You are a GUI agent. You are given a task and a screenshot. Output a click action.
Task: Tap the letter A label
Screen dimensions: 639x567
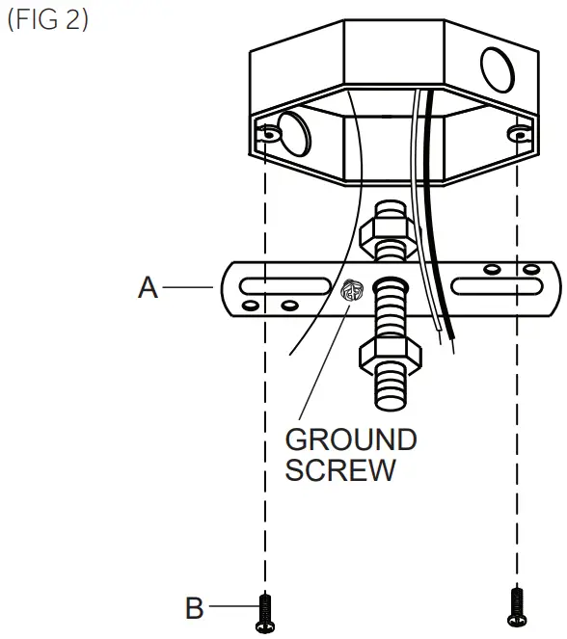(148, 287)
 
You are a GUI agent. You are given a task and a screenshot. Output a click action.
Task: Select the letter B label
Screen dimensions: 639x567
(195, 609)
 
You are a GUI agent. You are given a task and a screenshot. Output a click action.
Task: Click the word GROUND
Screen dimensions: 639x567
(351, 440)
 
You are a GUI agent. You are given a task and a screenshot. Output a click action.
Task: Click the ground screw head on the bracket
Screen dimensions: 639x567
(351, 287)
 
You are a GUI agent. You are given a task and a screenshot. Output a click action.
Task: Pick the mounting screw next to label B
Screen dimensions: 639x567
(266, 613)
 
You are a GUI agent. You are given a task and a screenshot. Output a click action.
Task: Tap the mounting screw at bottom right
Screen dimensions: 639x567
(518, 607)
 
